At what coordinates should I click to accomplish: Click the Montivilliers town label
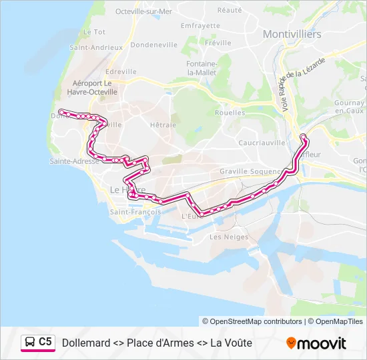pyautogui.click(x=292, y=33)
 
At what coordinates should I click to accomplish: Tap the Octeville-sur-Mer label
pyautogui.click(x=143, y=11)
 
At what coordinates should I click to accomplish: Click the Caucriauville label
pyautogui.click(x=262, y=143)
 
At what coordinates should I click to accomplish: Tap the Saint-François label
pyautogui.click(x=135, y=212)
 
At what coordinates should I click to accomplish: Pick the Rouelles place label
pyautogui.click(x=230, y=113)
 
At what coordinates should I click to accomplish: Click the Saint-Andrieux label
pyautogui.click(x=96, y=48)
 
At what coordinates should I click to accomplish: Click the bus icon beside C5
pyautogui.click(x=30, y=343)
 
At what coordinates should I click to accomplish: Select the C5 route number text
pyautogui.click(x=45, y=342)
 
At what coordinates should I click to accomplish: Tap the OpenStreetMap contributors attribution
pyautogui.click(x=252, y=321)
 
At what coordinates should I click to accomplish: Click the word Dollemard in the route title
pyautogui.click(x=86, y=343)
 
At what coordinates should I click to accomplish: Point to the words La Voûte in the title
pyautogui.click(x=231, y=343)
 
